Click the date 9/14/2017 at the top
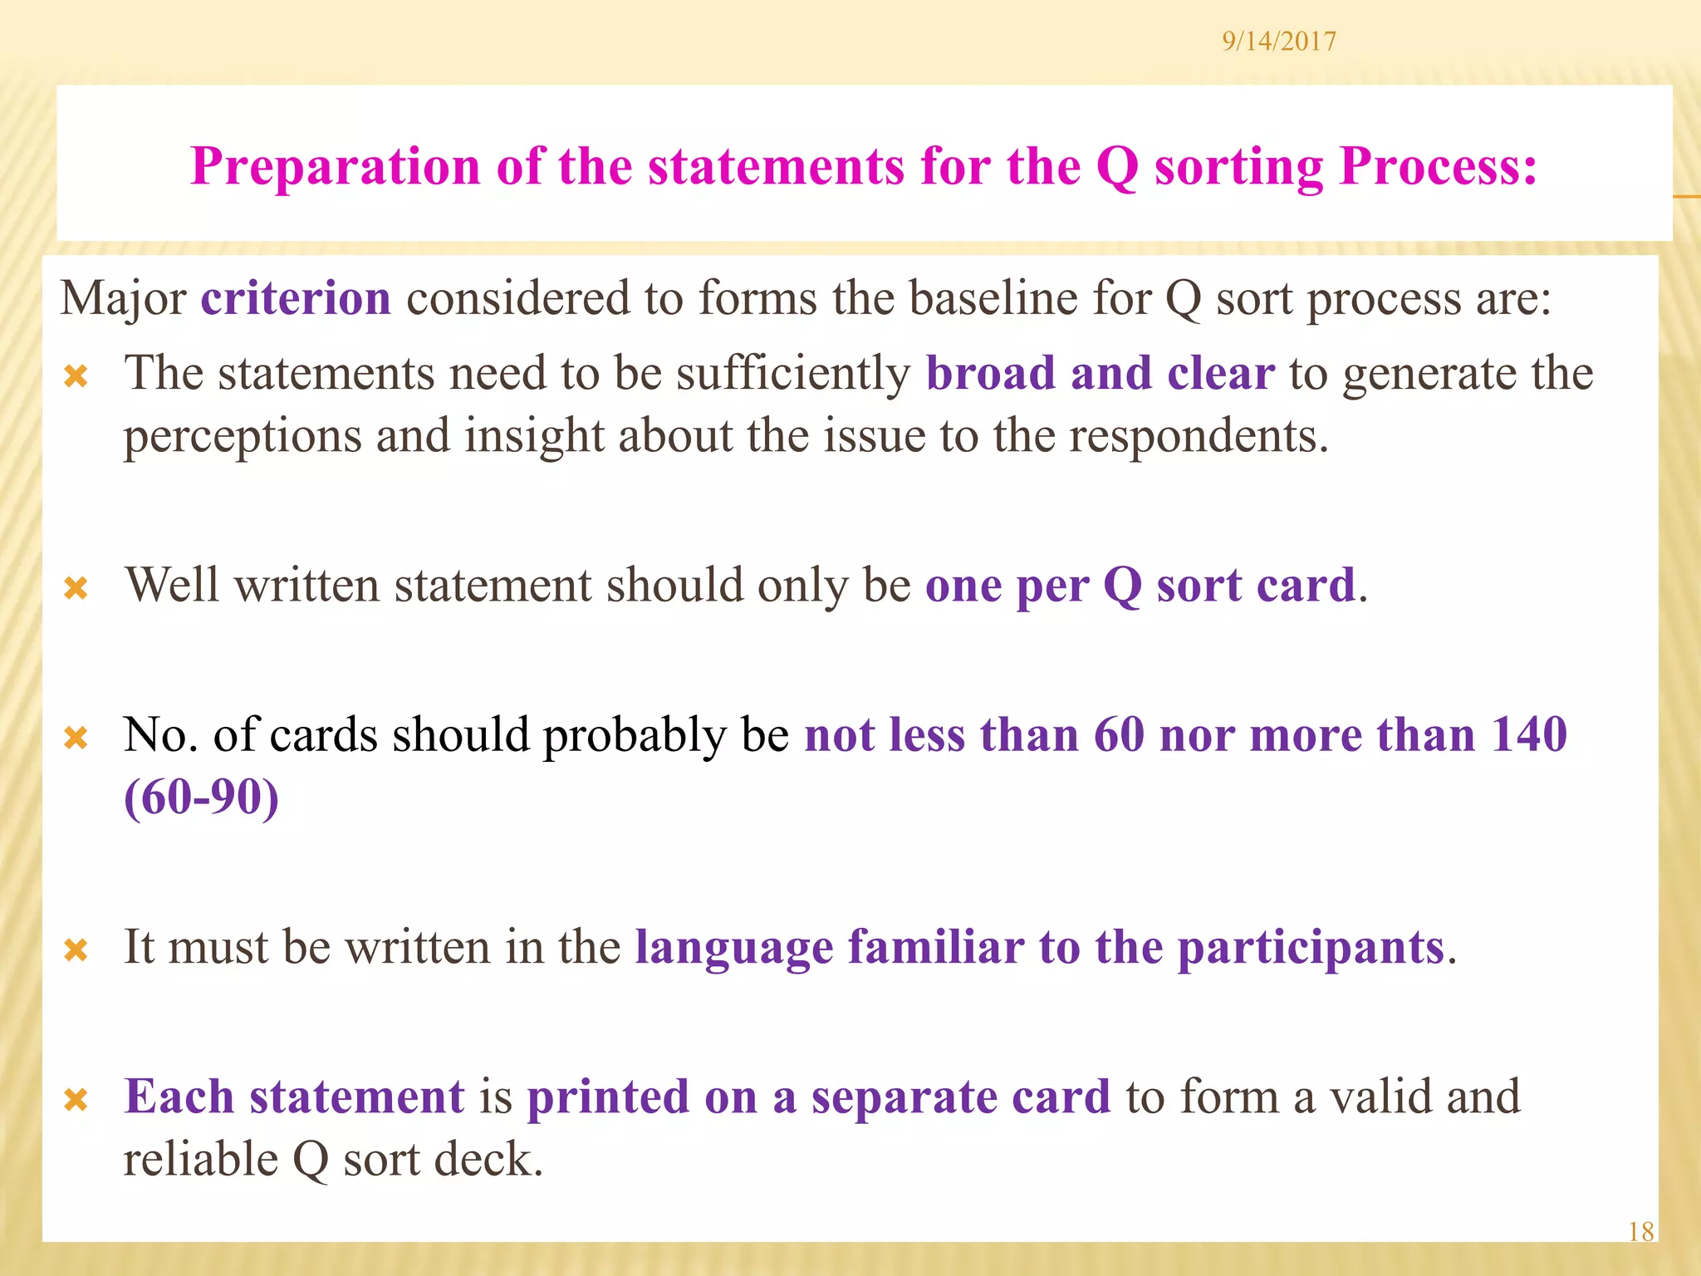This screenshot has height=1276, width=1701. coord(1278,42)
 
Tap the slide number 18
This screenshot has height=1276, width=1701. coord(1640,1231)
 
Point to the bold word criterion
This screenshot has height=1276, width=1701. coord(296,298)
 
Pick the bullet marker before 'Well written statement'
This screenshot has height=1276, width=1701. coord(76,589)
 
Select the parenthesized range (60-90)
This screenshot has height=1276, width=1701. coord(201,797)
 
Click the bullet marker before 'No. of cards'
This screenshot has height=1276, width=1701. coord(76,738)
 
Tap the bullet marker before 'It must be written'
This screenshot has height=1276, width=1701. coord(76,950)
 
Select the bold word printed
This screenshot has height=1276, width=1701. coord(608,1097)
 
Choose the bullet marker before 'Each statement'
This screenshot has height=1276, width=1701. coord(76,1101)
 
